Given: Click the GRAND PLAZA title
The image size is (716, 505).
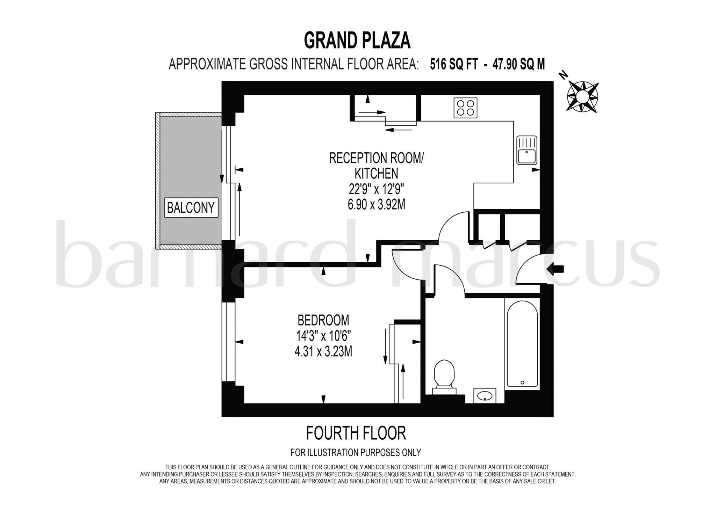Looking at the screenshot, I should click(357, 41).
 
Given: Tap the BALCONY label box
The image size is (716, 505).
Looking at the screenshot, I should click(191, 208).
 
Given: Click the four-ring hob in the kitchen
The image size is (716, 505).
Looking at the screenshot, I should click(465, 108).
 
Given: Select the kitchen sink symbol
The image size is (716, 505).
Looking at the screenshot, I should click(527, 150).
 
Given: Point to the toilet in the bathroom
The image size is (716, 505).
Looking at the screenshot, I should click(444, 376).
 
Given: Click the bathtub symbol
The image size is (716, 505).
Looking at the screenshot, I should click(522, 344).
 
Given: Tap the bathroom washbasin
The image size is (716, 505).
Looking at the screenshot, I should click(485, 395).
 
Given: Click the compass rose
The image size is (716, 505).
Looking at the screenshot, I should click(582, 96).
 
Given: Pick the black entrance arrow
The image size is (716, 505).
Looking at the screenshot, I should click(555, 269).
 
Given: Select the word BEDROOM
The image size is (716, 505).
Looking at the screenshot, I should click(323, 320).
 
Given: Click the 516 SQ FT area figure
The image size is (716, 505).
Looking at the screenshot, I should click(453, 64).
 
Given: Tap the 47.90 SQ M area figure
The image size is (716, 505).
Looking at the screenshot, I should click(518, 64).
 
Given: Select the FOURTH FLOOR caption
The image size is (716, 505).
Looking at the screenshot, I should click(356, 433).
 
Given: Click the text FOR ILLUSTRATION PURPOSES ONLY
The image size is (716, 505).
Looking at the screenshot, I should click(356, 453).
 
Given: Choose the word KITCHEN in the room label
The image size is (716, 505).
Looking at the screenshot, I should click(376, 174).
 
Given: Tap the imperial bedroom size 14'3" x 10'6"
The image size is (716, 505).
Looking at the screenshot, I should click(323, 336).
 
